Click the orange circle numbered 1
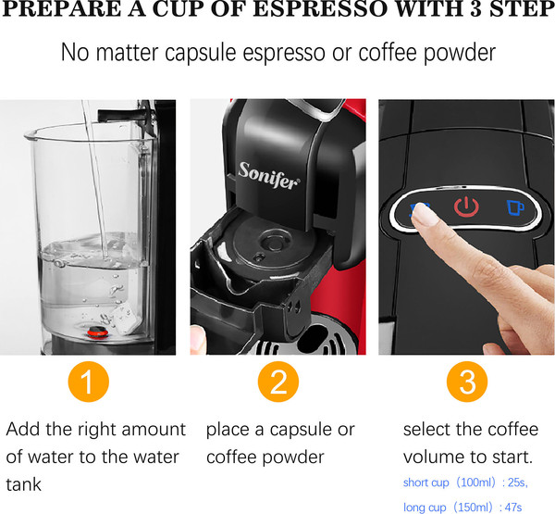coord(88,382)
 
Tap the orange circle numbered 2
coord(278,382)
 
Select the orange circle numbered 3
coord(467,382)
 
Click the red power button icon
coord(466,207)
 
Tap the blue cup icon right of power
coord(515,207)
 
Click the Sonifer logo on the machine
coord(269,175)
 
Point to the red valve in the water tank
coord(98,332)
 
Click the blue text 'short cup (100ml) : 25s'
coord(465,483)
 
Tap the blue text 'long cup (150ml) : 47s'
coord(462,507)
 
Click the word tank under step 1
coord(24,484)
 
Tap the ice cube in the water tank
coord(125,318)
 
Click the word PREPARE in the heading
coord(62,9)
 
